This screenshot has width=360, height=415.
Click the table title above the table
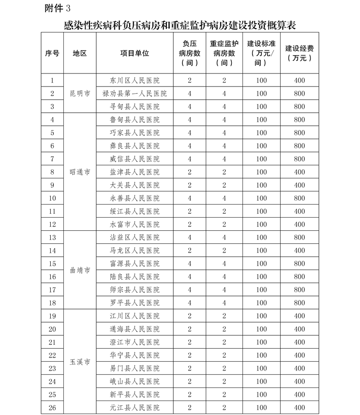[x=180, y=25]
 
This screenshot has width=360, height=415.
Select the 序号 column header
[x=52, y=53]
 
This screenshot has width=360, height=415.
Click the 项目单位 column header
[x=135, y=53]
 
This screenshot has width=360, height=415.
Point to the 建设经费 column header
[x=299, y=53]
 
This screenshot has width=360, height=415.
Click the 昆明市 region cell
[x=80, y=93]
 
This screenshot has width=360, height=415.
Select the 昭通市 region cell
[x=80, y=172]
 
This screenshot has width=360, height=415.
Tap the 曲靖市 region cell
[x=80, y=270]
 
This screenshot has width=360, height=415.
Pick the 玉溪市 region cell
[x=80, y=362]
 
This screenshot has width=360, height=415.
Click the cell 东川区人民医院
[x=135, y=80]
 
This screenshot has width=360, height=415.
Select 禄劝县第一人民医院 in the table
[x=135, y=93]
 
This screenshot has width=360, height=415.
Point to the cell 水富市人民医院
[x=135, y=224]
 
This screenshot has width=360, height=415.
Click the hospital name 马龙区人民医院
[x=135, y=251]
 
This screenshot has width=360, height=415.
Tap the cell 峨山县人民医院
[x=135, y=382]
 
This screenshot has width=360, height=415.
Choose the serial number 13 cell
[x=52, y=237]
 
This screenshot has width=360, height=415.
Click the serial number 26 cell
[x=52, y=408]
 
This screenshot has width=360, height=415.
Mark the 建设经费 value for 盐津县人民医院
[x=299, y=172]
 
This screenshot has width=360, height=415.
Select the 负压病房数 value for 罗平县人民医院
[x=190, y=303]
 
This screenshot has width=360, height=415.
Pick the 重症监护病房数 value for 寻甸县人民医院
[x=225, y=106]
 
